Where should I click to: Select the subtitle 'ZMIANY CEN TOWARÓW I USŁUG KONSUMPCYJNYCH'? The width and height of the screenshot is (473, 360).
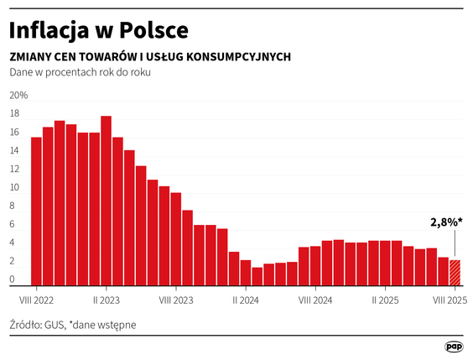pos(150,56)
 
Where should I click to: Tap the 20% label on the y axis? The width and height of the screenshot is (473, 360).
pos(18,95)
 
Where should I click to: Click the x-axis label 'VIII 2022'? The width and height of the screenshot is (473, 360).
pos(37,299)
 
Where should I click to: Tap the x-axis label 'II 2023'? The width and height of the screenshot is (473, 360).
pos(107,299)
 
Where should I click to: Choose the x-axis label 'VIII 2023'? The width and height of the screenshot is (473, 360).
pos(176,299)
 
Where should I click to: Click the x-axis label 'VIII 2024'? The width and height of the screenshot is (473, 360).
pos(315,299)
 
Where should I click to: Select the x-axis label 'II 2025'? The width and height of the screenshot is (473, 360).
pos(385,299)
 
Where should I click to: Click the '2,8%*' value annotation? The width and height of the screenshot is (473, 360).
pos(447,223)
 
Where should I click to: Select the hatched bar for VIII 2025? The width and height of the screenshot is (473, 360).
pos(455,273)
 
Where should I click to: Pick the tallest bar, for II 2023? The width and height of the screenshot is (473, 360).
pos(107,201)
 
